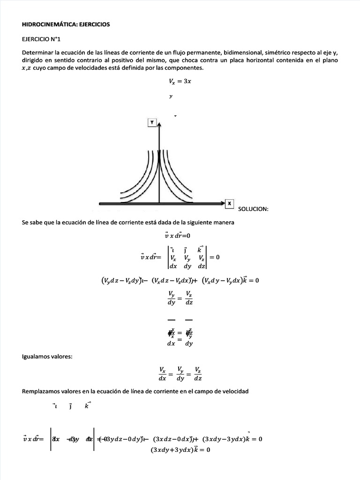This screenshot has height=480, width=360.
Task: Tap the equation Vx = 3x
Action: [180, 81]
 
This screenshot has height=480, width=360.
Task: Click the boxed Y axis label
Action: [152, 122]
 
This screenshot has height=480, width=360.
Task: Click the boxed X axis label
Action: [229, 203]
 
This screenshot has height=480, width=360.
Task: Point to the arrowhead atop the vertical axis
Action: [160, 125]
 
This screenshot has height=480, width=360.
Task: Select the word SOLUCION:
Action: [253, 209]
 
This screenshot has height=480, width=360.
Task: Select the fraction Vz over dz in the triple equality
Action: [198, 374]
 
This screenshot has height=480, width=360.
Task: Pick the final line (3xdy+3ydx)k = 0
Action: [180, 450]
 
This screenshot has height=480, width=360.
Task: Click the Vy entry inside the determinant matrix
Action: [187, 257]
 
